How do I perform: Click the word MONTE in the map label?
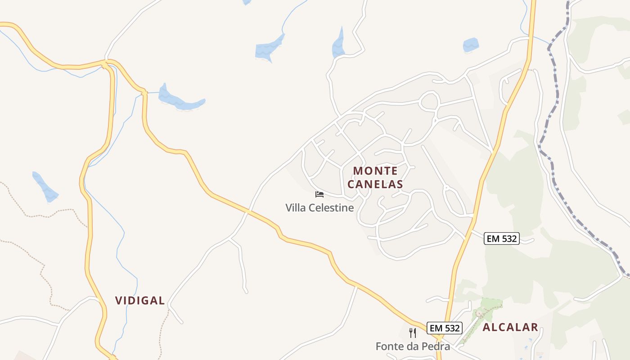pyautogui.click(x=375, y=171)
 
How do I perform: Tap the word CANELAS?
pyautogui.click(x=375, y=184)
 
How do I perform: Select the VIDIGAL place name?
pyautogui.click(x=140, y=301)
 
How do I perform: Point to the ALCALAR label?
pyautogui.click(x=510, y=327)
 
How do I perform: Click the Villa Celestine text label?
pyautogui.click(x=319, y=207)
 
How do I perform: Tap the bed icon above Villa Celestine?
pyautogui.click(x=319, y=194)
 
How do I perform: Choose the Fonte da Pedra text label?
pyautogui.click(x=413, y=346)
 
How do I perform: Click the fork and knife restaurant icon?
pyautogui.click(x=413, y=333)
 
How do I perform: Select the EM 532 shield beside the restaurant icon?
pyautogui.click(x=445, y=328)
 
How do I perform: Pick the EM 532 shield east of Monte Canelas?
pyautogui.click(x=502, y=238)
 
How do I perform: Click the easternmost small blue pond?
pyautogui.click(x=471, y=45)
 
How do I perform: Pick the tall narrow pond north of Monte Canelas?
pyautogui.click(x=338, y=44)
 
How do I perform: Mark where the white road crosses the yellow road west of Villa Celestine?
pyautogui.click(x=248, y=211)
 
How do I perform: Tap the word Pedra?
pyautogui.click(x=437, y=346)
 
